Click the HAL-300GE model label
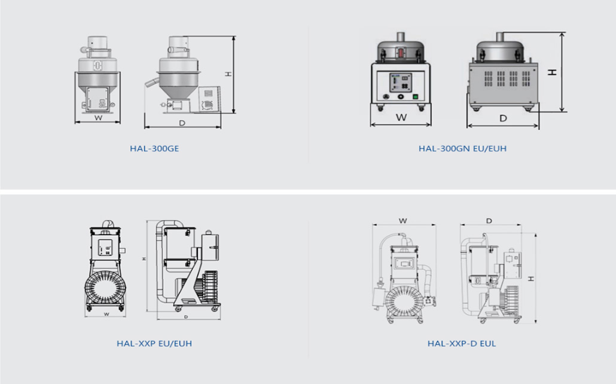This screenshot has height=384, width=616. (154, 148)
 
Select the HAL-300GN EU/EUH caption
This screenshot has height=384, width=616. (462, 148)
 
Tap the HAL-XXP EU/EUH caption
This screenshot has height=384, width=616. (154, 343)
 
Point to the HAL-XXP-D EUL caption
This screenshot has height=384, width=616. (462, 343)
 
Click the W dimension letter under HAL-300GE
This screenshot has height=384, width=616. (98, 117)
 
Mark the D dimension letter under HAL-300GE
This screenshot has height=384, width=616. (182, 123)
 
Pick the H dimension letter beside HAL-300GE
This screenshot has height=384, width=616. (228, 74)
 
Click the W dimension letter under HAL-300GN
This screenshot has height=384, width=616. (401, 117)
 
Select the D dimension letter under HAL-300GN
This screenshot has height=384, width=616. (503, 118)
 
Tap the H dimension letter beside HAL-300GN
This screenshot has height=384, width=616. (553, 72)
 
